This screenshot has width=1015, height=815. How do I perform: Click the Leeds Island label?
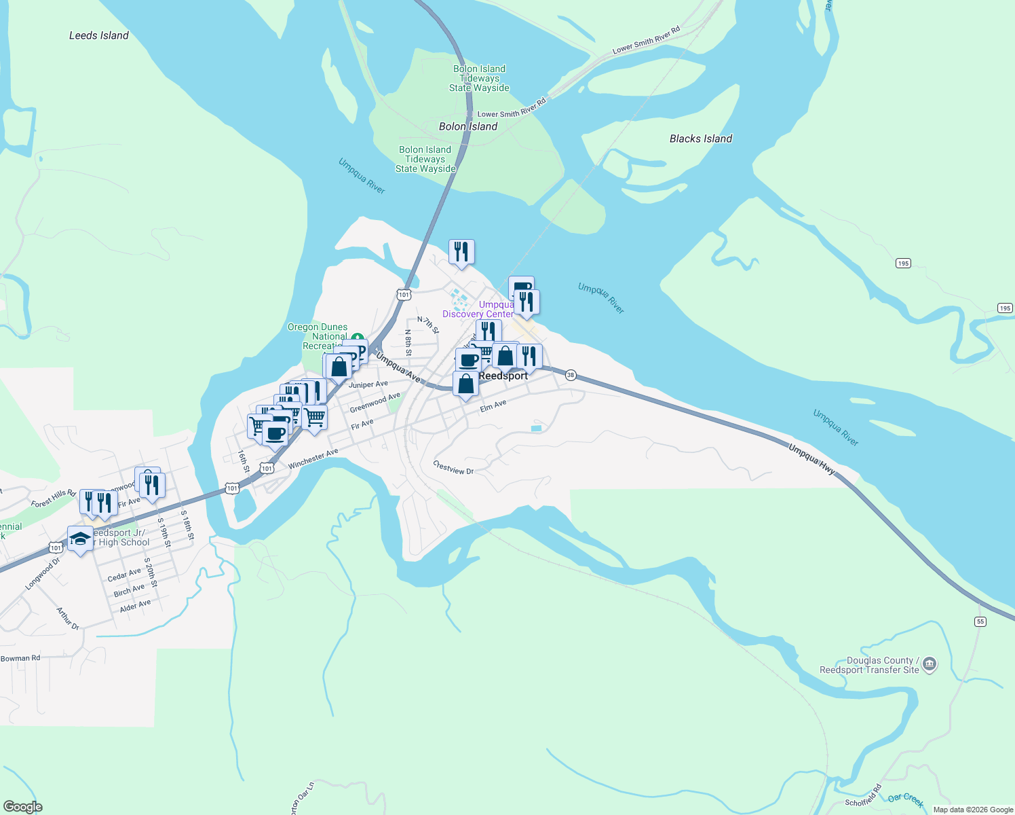99,35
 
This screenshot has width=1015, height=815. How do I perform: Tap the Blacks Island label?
701,139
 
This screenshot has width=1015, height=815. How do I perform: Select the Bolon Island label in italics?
468,126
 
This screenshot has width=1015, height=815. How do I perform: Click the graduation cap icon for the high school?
80,539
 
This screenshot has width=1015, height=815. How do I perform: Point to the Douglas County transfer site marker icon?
930,664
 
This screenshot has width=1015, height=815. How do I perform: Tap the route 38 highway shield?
571,375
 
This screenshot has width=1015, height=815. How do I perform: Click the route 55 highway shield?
980,621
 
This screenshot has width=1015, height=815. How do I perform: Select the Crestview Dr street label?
453,467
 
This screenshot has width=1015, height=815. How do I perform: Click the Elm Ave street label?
493,406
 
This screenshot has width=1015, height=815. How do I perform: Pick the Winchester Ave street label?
313,459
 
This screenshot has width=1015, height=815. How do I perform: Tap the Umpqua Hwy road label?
811,458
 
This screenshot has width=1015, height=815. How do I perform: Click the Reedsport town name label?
503,376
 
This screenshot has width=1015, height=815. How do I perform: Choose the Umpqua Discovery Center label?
479,310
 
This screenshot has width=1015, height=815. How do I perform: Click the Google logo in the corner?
23,806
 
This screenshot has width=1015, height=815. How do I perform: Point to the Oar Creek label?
906,799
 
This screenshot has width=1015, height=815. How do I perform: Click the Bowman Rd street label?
20,658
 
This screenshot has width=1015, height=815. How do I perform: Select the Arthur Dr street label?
68,618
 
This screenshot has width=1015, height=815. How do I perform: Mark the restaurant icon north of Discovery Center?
461,252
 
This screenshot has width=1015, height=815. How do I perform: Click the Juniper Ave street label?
368,384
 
